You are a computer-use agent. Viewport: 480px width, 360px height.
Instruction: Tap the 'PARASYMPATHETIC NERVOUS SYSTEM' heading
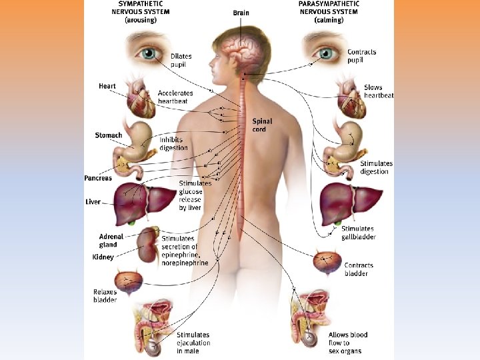(329, 11)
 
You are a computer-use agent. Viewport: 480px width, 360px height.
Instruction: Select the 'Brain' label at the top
(241, 13)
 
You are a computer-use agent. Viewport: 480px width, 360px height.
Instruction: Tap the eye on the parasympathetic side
(325, 52)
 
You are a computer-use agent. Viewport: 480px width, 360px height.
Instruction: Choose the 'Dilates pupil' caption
(181, 61)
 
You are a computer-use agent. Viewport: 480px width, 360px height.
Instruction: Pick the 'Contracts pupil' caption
(361, 56)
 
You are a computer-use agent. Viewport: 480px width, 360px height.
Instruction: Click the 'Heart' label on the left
(107, 86)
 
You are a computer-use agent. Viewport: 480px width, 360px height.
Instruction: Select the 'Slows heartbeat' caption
(378, 91)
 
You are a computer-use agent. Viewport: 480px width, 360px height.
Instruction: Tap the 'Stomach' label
(109, 135)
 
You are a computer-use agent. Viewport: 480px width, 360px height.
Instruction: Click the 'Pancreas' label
(98, 178)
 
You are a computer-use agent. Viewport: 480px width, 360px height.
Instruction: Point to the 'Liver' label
(93, 201)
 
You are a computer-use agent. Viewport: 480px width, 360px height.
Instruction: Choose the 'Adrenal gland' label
(108, 241)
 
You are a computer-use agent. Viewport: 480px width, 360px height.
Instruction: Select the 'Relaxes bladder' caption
(105, 296)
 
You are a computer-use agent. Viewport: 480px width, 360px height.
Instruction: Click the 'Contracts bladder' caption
(359, 269)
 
